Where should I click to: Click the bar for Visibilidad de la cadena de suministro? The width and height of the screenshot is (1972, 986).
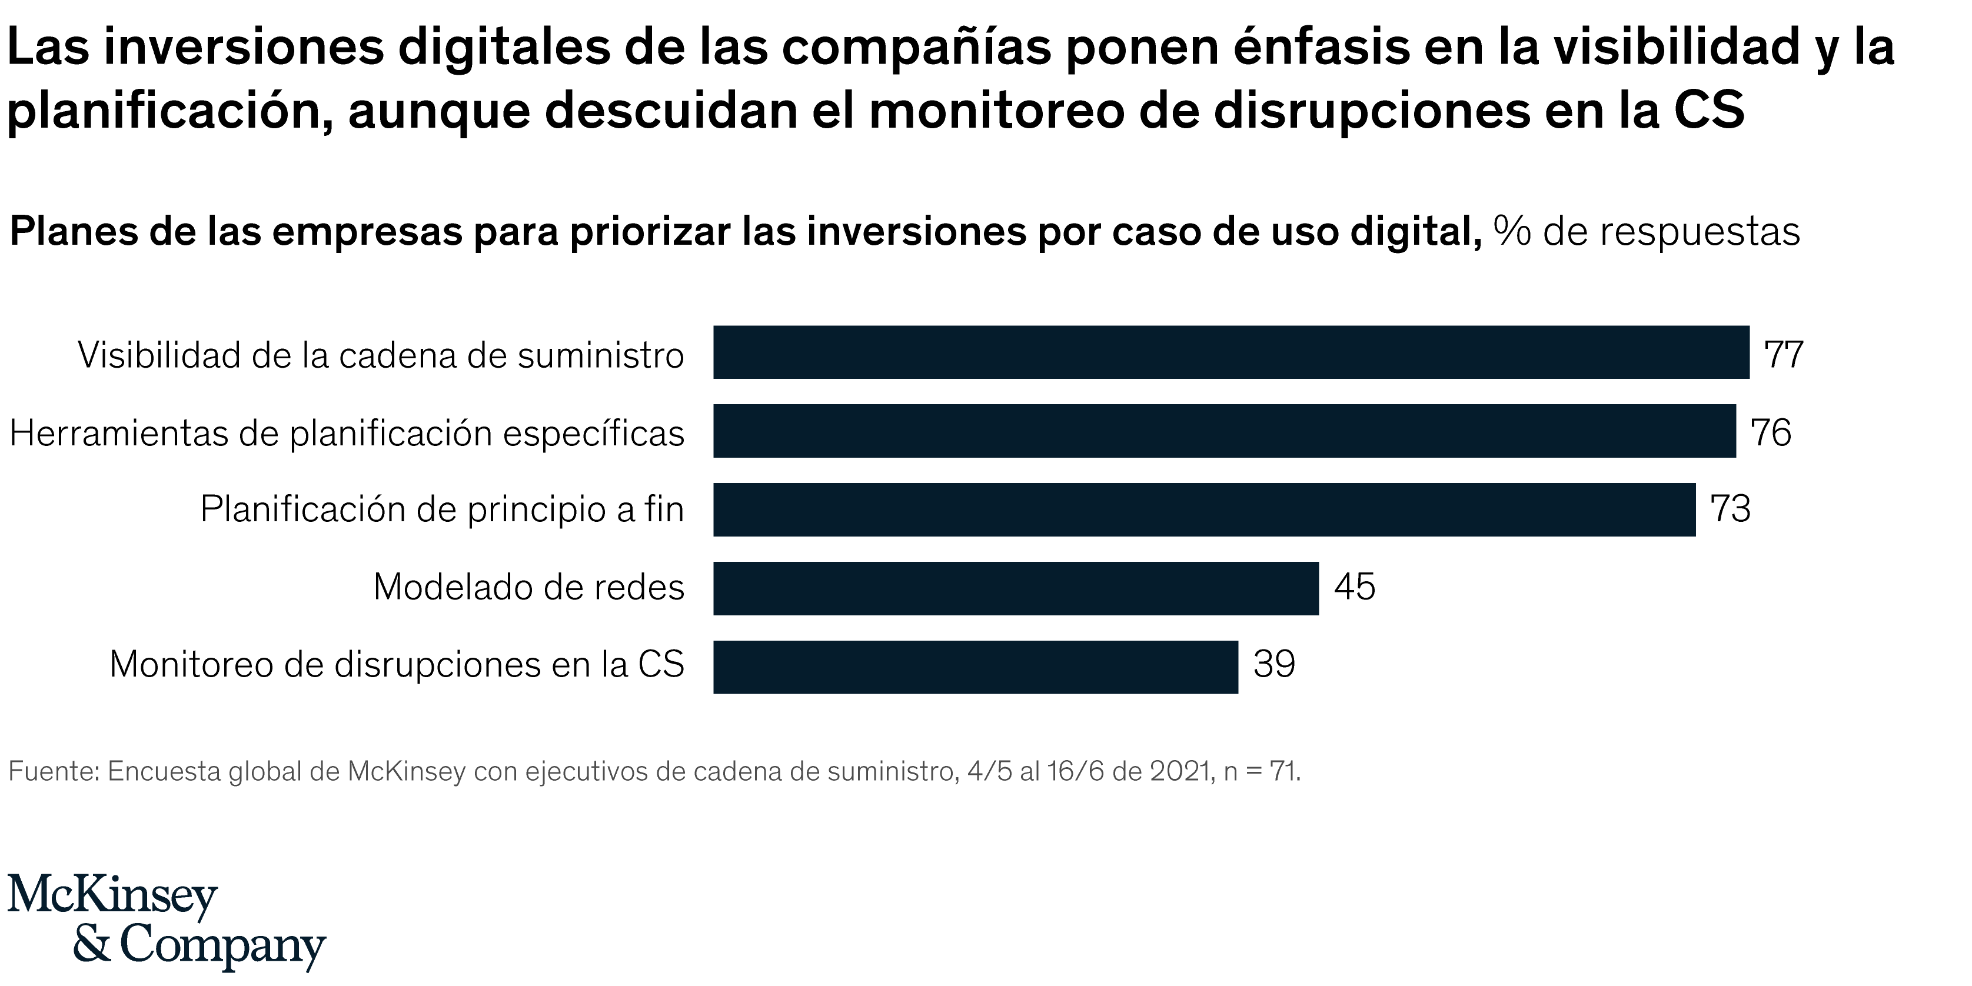click(x=1231, y=352)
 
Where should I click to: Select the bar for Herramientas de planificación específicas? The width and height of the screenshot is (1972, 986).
click(x=1224, y=431)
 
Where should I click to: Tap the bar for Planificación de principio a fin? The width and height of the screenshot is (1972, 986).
click(x=1204, y=510)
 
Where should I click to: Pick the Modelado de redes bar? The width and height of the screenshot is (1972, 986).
click(x=1016, y=588)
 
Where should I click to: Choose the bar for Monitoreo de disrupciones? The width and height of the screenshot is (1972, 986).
click(x=975, y=667)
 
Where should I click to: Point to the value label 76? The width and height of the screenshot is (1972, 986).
click(x=1771, y=434)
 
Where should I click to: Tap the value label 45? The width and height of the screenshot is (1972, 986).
click(x=1354, y=588)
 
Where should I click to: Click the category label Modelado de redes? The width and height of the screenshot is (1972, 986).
click(x=528, y=588)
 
